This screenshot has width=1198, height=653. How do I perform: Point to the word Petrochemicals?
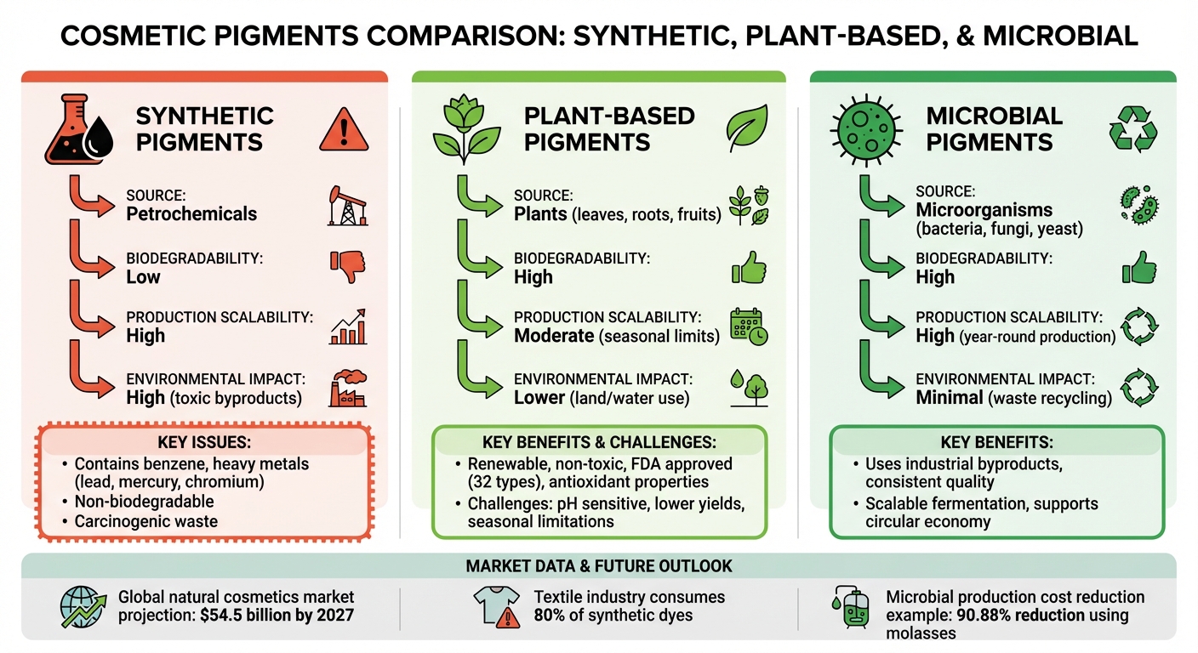tap(191, 213)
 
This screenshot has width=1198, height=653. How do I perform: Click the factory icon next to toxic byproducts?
tap(346, 390)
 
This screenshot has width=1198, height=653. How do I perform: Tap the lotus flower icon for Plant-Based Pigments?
tap(464, 131)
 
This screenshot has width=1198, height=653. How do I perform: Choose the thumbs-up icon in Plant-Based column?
tap(749, 268)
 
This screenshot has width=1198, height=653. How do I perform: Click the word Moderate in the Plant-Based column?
tap(554, 336)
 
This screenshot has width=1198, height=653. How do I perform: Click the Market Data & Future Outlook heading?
tap(598, 565)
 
